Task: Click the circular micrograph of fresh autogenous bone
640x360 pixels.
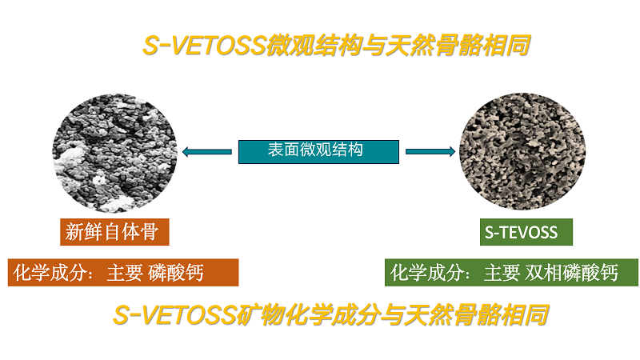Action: coord(114,153)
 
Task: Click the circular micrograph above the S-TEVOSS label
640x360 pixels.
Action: coord(522,151)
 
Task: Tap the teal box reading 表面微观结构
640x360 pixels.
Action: coord(318,152)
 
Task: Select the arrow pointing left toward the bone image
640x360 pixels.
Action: coord(207,152)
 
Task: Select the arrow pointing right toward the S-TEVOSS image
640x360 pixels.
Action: coord(430,151)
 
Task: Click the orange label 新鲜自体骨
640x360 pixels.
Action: coord(114,232)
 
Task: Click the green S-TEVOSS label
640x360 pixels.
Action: coord(526,232)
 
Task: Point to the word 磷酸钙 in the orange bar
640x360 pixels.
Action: coord(176,273)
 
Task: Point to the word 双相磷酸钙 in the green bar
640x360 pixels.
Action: coord(571,273)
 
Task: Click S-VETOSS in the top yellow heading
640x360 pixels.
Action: coord(204,45)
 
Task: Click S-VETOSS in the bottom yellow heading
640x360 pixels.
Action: coord(174,315)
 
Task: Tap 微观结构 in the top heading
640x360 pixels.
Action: coord(314,45)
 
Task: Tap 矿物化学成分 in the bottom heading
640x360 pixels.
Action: coord(308,315)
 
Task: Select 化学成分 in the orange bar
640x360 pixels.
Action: coord(49,273)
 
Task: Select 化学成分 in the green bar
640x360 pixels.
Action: coord(426,273)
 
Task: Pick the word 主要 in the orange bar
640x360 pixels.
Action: coord(125,273)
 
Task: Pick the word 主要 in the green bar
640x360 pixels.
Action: coord(502,273)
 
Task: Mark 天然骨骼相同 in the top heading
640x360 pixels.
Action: coord(458,45)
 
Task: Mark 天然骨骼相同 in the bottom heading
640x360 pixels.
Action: coord(476,315)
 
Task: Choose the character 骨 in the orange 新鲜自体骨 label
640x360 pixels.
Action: coord(150,231)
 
